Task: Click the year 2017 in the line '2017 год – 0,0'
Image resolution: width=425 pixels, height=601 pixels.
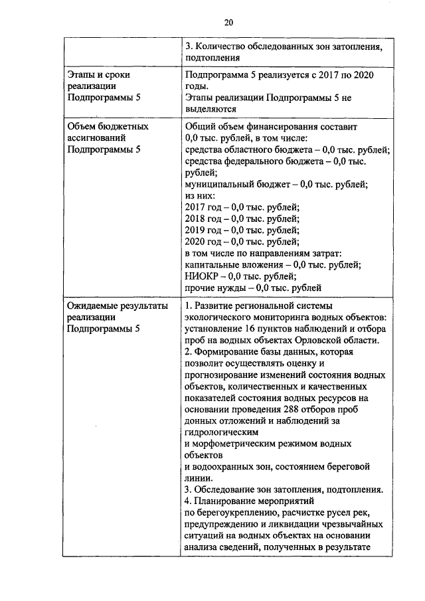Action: [195, 207]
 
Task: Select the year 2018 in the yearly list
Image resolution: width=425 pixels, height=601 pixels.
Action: [195, 218]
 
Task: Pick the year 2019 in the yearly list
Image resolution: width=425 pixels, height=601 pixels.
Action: [195, 230]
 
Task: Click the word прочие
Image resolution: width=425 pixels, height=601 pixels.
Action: [201, 288]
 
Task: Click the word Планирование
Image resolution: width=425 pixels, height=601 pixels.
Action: [228, 501]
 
